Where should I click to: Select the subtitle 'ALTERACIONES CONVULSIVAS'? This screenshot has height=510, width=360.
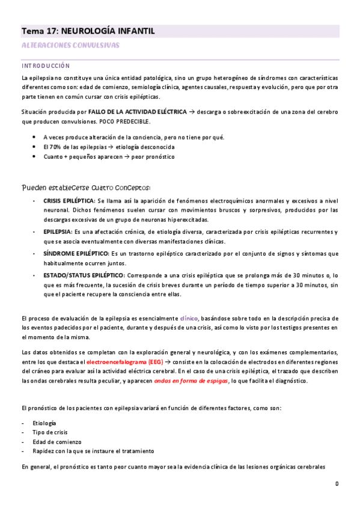[x=70, y=46]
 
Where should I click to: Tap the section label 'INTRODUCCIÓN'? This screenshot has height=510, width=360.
[x=45, y=66]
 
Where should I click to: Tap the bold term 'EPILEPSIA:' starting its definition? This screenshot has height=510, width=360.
[x=58, y=232]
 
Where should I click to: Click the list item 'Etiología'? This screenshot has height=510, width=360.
[x=45, y=423]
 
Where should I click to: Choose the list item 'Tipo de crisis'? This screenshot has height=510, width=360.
[x=50, y=432]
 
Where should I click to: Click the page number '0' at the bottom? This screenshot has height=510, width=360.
[x=337, y=484]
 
